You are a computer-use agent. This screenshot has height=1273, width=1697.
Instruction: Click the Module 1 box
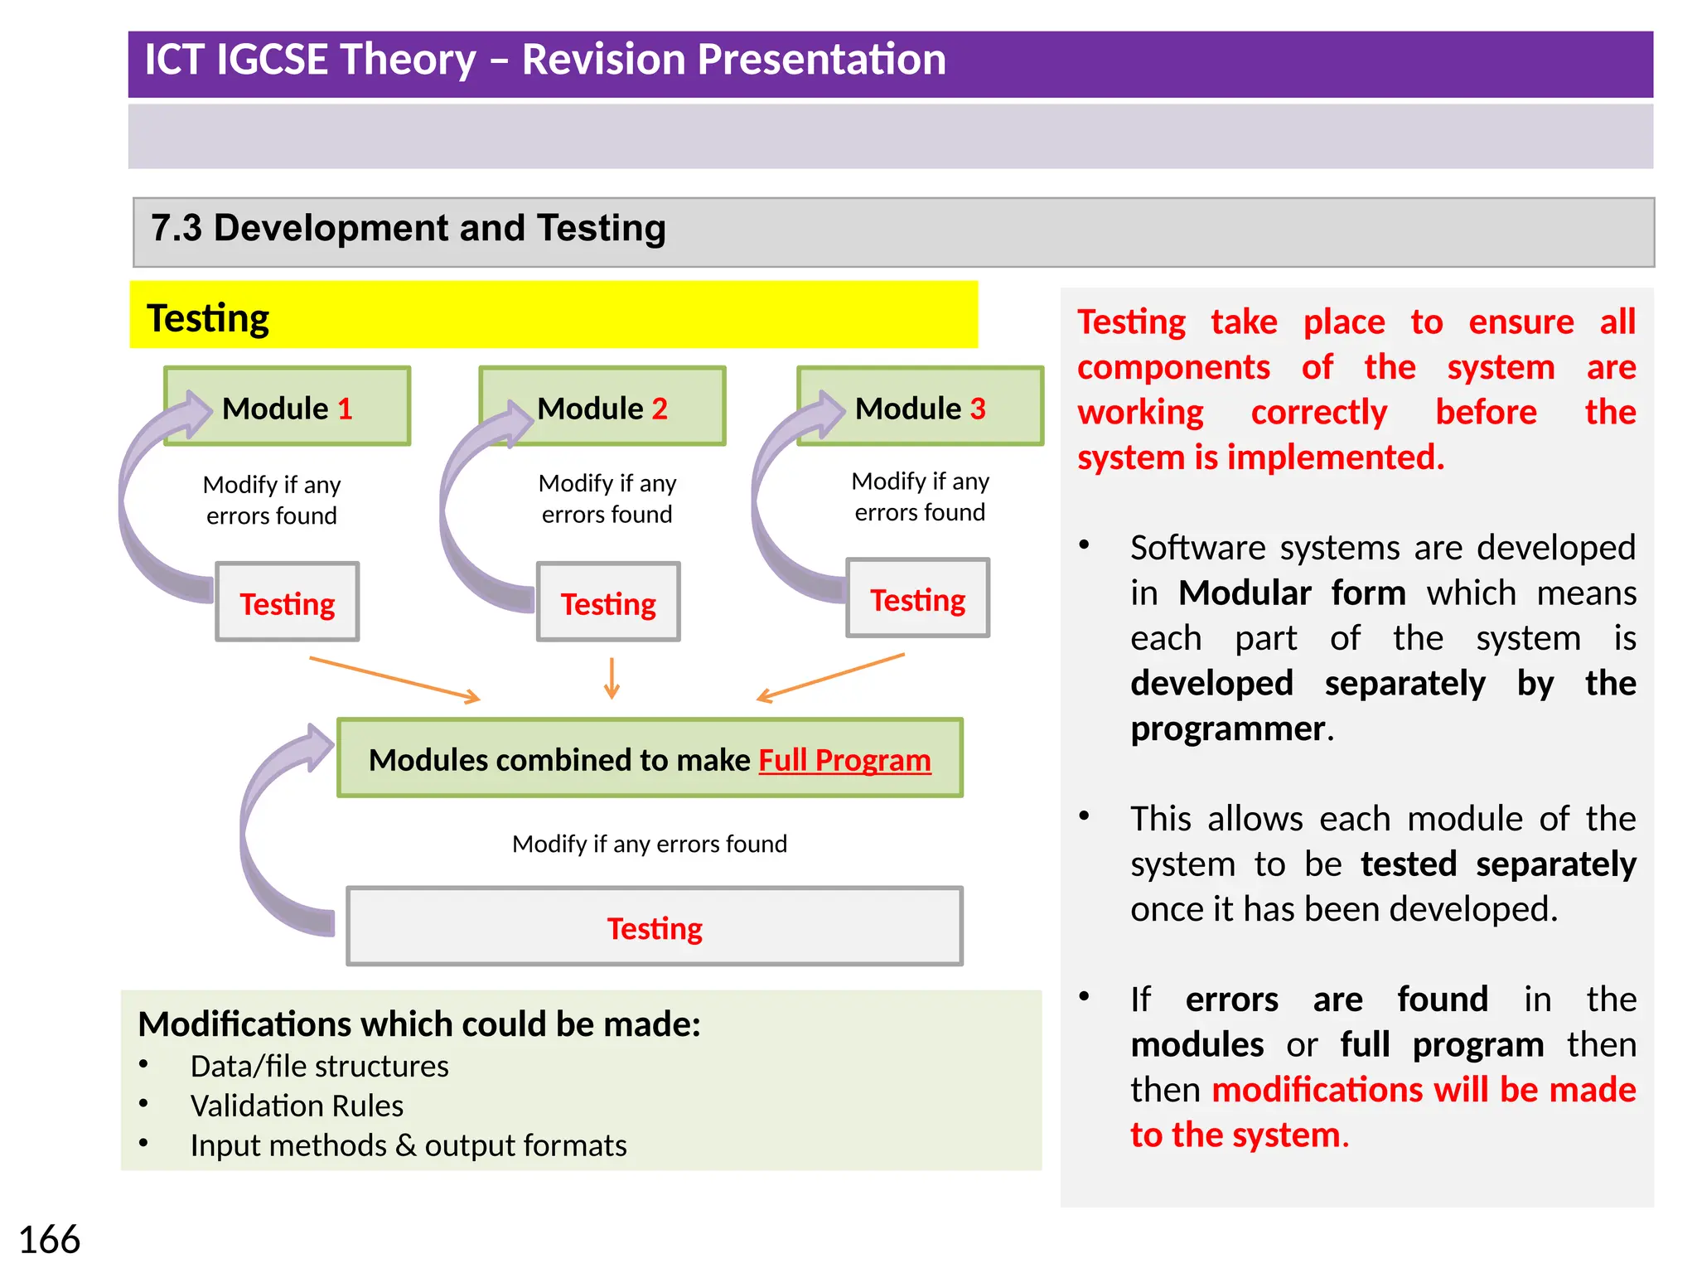(287, 407)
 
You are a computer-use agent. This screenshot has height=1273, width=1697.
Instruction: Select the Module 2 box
(602, 407)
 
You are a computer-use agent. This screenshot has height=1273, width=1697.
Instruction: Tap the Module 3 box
(920, 407)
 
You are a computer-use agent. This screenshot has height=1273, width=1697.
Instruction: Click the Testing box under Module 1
(287, 603)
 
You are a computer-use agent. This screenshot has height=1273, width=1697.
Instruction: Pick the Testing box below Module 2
(608, 603)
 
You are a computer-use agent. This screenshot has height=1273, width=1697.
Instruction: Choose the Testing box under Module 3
(917, 598)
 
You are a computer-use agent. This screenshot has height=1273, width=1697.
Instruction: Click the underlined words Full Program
(844, 759)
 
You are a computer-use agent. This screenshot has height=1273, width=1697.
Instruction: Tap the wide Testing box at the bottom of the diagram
(655, 927)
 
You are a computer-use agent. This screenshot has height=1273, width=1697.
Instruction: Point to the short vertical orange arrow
(612, 678)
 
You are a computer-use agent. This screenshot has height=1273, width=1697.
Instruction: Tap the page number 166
(49, 1240)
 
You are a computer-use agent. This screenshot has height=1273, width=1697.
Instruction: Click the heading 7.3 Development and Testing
(409, 228)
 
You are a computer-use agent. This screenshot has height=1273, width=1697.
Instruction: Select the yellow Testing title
(208, 317)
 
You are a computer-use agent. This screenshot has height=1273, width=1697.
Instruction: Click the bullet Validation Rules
(297, 1106)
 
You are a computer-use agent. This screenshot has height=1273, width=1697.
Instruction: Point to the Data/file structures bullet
(319, 1066)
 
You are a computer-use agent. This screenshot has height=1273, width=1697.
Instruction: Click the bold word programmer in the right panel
(1228, 728)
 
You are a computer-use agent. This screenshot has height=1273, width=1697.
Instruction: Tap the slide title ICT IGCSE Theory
(545, 60)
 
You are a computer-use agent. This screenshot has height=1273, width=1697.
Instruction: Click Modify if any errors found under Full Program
(650, 844)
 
